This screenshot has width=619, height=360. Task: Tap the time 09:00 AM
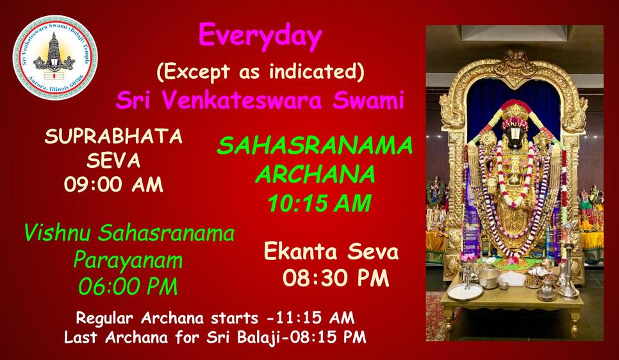tap(113, 184)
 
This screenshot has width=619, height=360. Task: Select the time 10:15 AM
tap(319, 204)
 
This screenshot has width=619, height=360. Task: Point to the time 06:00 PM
tap(128, 286)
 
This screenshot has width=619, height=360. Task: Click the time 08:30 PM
tap(336, 278)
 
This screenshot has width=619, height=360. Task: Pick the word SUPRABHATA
tap(113, 136)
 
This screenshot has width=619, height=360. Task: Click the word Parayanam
tap(128, 261)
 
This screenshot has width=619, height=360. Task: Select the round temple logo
tap(55, 57)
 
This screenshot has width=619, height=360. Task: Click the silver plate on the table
tap(465, 293)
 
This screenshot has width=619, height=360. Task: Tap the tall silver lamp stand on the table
tap(568, 272)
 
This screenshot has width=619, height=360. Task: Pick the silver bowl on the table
tap(489, 278)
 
